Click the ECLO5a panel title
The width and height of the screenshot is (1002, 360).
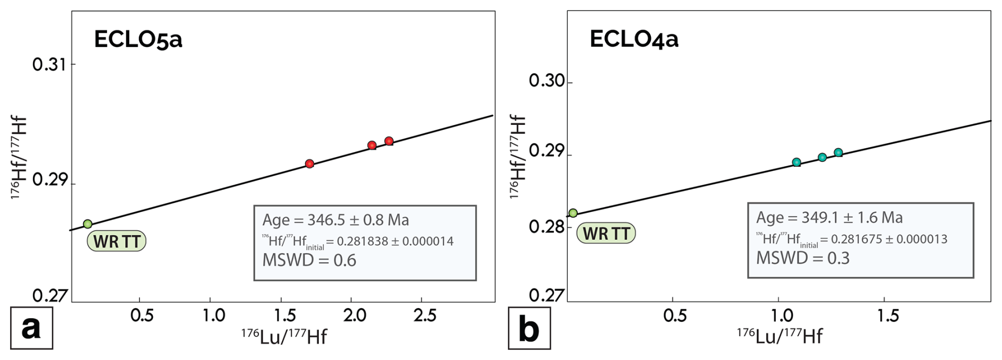click(138, 40)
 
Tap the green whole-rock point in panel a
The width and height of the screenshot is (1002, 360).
click(88, 224)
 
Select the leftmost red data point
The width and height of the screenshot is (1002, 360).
click(310, 164)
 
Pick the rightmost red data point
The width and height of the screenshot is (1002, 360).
click(389, 141)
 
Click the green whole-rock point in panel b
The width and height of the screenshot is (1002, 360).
click(573, 213)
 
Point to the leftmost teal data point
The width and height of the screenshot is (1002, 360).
click(797, 163)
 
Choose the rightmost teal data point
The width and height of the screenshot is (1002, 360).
click(838, 153)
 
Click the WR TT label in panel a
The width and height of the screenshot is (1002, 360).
click(117, 241)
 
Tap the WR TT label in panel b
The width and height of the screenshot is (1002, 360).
click(606, 233)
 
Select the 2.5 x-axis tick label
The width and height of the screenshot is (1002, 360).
click(425, 316)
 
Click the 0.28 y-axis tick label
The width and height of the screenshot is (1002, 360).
click(547, 227)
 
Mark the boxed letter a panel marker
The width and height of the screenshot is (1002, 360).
click(31, 328)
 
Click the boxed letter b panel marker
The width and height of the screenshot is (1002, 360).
click(529, 328)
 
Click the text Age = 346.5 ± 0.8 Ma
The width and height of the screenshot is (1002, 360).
click(336, 220)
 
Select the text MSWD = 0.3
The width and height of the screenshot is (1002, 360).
click(802, 258)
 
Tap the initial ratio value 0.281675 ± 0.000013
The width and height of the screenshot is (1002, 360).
click(889, 239)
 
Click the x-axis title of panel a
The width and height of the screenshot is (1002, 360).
click(284, 336)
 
